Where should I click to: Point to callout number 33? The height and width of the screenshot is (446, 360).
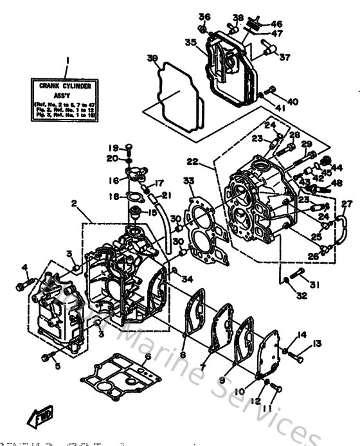[188, 181]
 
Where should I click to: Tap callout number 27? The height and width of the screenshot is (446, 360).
[346, 204]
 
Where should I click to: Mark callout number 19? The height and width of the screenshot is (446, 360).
[112, 147]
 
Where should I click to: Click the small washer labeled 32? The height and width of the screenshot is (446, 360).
[283, 281]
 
